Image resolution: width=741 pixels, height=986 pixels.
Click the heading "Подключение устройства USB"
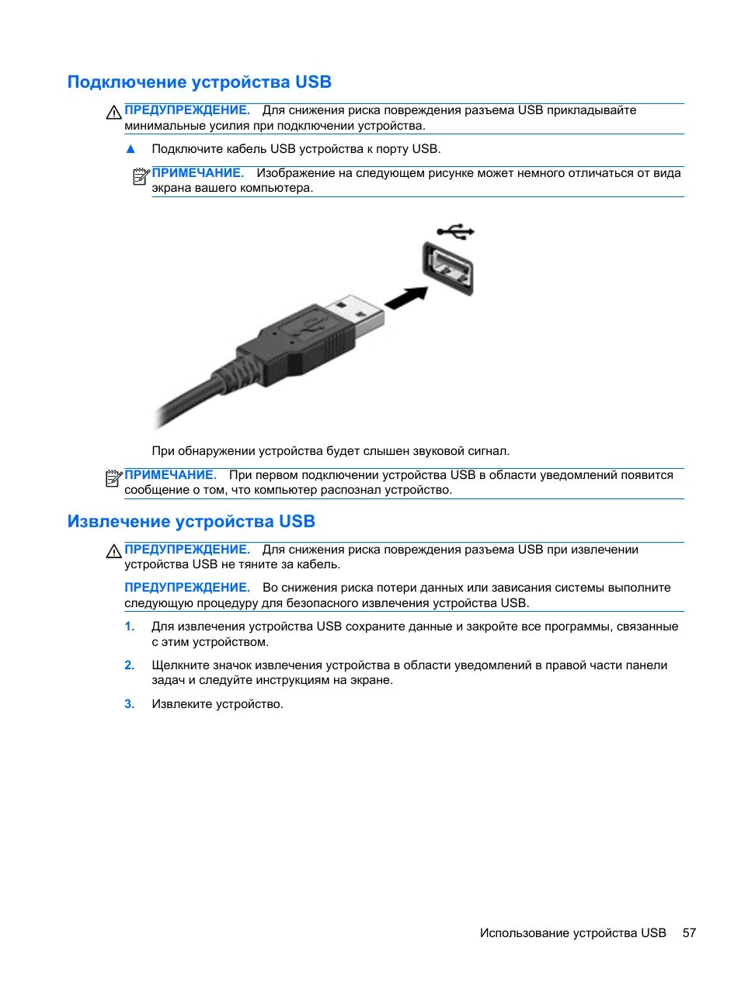pyautogui.click(x=199, y=82)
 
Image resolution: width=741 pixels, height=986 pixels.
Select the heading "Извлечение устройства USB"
pyautogui.click(x=191, y=522)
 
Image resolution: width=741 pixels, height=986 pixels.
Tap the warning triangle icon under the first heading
pyautogui.click(x=114, y=113)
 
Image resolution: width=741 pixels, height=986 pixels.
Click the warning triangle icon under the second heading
pyautogui.click(x=114, y=552)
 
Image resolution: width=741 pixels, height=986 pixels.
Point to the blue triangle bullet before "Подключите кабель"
pyautogui.click(x=130, y=149)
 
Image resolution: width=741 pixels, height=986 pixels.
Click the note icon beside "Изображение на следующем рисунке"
pyautogui.click(x=141, y=176)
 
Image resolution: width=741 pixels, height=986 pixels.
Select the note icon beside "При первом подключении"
pyautogui.click(x=113, y=478)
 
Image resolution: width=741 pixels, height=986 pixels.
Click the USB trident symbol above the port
pyautogui.click(x=455, y=231)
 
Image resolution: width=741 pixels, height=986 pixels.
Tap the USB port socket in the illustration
pyautogui.click(x=448, y=269)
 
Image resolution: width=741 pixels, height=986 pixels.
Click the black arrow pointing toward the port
pyautogui.click(x=407, y=298)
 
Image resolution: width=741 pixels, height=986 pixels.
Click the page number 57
pyautogui.click(x=689, y=933)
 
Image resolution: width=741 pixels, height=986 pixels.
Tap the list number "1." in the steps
pyautogui.click(x=130, y=627)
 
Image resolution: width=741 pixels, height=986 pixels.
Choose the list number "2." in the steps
pyautogui.click(x=130, y=665)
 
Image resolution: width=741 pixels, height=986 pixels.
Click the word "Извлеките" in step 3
pyautogui.click(x=179, y=704)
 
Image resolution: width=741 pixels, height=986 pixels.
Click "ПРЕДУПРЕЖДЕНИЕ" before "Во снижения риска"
pyautogui.click(x=186, y=588)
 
